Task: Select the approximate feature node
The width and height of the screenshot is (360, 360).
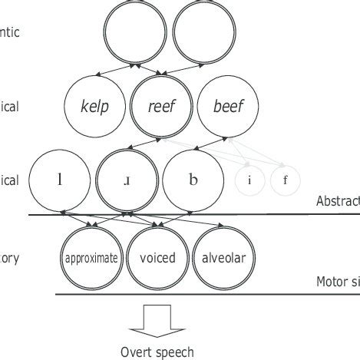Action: pyautogui.click(x=92, y=258)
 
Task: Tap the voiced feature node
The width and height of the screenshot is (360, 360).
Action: pyautogui.click(x=157, y=258)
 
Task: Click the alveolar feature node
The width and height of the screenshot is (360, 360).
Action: pyautogui.click(x=223, y=258)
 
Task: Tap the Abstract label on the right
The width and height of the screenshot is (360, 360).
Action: pyautogui.click(x=338, y=202)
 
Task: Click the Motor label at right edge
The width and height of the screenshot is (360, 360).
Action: pyautogui.click(x=338, y=282)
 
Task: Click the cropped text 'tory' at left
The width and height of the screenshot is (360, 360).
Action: pyautogui.click(x=9, y=259)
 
